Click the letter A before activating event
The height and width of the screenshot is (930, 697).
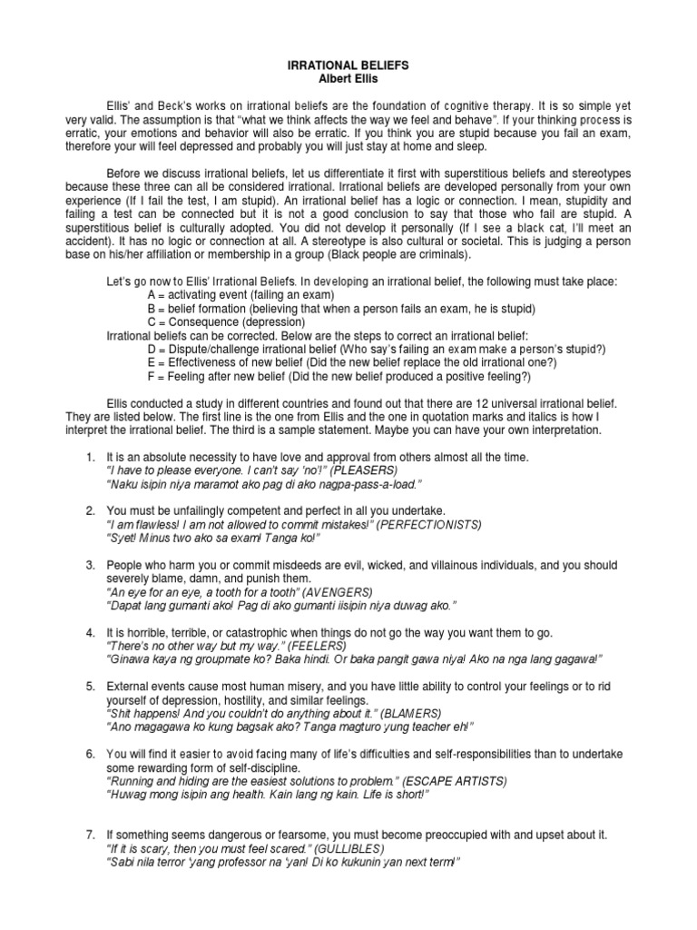[151, 296]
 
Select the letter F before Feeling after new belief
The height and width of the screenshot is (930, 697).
[150, 376]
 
